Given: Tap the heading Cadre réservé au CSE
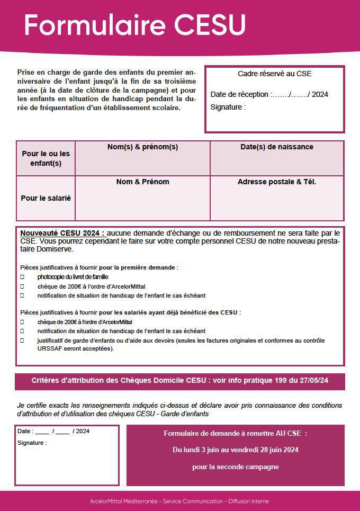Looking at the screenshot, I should [x=274, y=74].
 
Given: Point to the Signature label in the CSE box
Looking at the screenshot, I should [x=228, y=107].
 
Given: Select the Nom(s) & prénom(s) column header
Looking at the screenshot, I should [x=142, y=147].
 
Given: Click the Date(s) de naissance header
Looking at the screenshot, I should [x=276, y=147].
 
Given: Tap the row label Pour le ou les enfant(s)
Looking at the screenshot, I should [x=46, y=158].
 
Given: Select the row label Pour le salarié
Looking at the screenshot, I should [x=46, y=198].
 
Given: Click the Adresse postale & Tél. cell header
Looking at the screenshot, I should [x=276, y=182].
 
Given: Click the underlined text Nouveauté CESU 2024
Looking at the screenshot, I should [x=62, y=233].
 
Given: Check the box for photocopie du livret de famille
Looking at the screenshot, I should [x=22, y=277].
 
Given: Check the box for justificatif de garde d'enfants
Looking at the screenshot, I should [x=22, y=341].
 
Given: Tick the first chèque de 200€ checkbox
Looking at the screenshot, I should [x=22, y=286].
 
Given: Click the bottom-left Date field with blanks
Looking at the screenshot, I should [x=53, y=432].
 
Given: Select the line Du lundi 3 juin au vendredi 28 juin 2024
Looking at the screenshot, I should [x=236, y=450].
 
